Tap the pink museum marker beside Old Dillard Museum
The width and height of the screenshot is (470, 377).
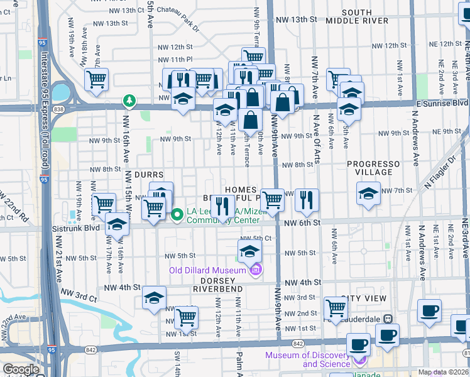pyautogui.click(x=256, y=271)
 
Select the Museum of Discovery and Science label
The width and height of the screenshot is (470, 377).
pyautogui.click(x=308, y=359)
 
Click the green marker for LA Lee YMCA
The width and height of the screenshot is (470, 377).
pyautogui.click(x=177, y=215)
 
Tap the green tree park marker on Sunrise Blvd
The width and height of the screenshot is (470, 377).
pyautogui.click(x=129, y=101)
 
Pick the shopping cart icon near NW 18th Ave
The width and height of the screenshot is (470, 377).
pyautogui.click(x=97, y=79)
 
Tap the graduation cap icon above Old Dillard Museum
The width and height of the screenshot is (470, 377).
pyautogui.click(x=249, y=252)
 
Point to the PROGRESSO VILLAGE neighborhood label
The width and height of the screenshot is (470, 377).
pyautogui.click(x=373, y=168)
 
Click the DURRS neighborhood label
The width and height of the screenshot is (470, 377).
pyautogui.click(x=148, y=175)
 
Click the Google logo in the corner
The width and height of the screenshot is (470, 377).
pyautogui.click(x=21, y=369)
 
